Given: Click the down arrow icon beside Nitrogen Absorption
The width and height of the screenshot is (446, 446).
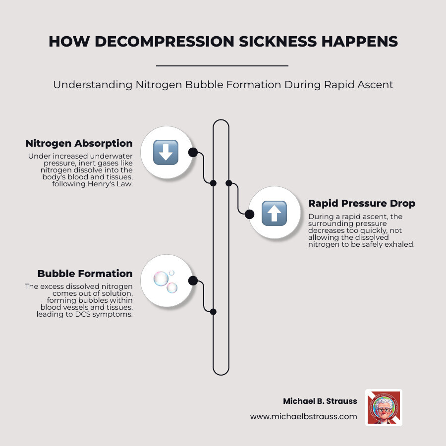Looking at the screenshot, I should click(x=166, y=152).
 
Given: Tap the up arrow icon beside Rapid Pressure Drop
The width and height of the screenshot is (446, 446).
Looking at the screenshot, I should click(x=275, y=214).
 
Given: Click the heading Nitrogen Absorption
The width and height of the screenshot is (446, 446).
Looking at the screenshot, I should click(x=79, y=144).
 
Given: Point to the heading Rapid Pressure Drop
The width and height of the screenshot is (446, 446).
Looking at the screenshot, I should click(x=362, y=203).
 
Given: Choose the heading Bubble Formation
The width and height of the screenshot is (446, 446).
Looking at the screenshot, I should click(x=85, y=274).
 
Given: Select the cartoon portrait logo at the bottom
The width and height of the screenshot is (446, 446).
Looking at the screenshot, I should click(x=384, y=408).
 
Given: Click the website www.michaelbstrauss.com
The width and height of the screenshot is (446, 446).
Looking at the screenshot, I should click(x=303, y=417).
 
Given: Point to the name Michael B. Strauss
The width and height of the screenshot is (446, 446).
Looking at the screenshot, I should click(x=320, y=401).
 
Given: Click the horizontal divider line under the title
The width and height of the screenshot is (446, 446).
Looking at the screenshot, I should click(x=222, y=65).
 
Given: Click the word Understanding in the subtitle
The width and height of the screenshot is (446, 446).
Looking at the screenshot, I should click(x=92, y=85).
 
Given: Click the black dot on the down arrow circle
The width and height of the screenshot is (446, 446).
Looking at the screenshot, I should click(x=193, y=152).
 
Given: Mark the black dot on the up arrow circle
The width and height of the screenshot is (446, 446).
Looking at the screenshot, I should click(x=250, y=214).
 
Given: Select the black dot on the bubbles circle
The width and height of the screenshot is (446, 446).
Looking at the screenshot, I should click(x=193, y=281).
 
